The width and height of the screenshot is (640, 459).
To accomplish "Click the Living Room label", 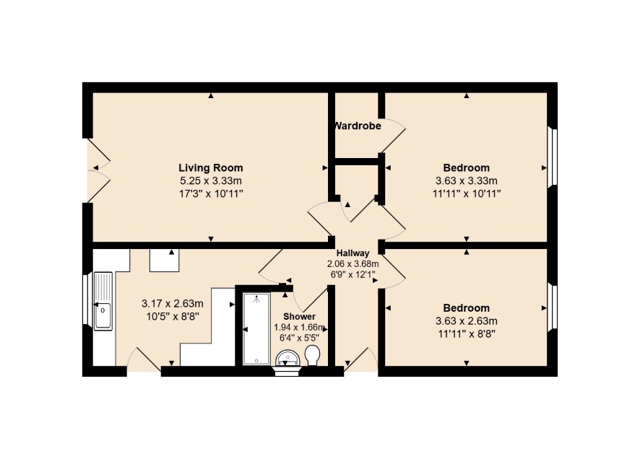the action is [211, 167].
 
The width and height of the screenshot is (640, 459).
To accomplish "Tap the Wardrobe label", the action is [358, 126].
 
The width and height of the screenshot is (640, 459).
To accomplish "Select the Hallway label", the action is [353, 253].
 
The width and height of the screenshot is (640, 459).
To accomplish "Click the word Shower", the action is [299, 316].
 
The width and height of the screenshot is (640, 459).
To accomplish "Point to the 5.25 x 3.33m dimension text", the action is [211, 180].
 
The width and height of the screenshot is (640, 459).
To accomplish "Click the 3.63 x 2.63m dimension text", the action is [466, 321].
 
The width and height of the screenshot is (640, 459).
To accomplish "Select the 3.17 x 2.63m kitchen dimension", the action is [172, 303].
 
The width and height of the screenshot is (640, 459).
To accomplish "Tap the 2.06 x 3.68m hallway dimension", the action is [353, 263].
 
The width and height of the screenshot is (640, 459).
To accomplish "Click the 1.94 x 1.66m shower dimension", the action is [299, 327].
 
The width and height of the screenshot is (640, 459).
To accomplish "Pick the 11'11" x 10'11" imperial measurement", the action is [467, 193].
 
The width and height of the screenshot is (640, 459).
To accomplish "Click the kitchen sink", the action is [103, 301].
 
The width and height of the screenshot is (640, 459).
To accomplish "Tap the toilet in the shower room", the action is [312, 355].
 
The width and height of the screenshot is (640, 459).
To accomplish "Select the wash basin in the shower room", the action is [287, 359].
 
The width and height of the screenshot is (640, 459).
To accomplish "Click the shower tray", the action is [256, 328].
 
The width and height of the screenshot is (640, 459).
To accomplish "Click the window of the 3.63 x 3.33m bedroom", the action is [552, 157].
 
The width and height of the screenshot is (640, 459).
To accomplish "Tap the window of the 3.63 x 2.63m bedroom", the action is [552, 306].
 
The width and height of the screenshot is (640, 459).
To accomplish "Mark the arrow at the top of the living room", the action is [211, 96].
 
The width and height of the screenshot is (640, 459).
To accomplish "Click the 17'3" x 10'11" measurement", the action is [211, 193].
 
